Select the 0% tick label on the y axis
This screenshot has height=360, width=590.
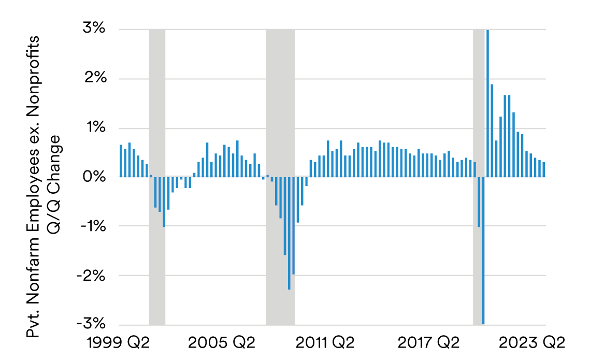pyautogui.click(x=94, y=177)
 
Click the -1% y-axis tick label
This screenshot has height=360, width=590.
pyautogui.click(x=92, y=226)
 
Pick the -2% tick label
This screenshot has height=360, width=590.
pyautogui.click(x=92, y=276)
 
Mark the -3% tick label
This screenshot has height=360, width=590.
pyautogui.click(x=92, y=324)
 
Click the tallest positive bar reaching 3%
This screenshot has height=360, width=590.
pyautogui.click(x=487, y=104)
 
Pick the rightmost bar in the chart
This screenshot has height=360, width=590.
pyautogui.click(x=544, y=169)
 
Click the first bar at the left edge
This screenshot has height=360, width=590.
pyautogui.click(x=121, y=161)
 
